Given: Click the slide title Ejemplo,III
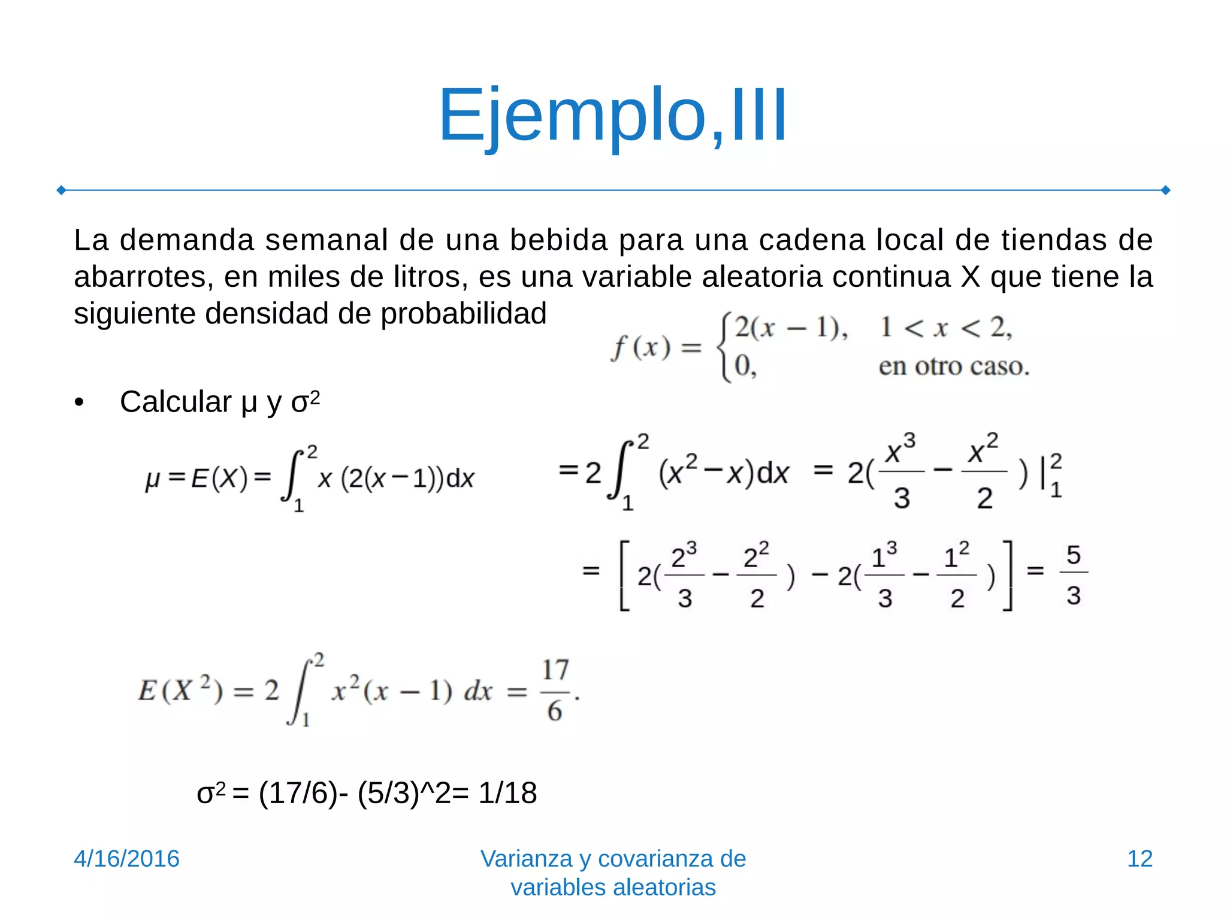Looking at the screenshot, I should (612, 115).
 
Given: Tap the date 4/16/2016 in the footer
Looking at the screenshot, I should (126, 858).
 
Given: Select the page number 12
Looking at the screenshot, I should (1140, 858).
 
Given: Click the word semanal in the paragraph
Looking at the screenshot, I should (327, 240).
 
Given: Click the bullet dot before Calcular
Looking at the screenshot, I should (79, 402).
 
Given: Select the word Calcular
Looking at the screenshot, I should (176, 402).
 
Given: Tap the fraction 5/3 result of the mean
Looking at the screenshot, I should (1073, 574).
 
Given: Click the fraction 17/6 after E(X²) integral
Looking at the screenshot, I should (555, 690).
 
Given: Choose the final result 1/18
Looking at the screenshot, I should (507, 793).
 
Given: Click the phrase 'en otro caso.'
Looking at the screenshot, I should (954, 366).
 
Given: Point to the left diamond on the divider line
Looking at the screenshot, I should (61, 190).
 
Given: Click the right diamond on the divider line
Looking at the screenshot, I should (1166, 190).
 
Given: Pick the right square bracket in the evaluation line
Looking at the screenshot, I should (1007, 575).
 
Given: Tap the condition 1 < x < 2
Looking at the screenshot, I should (945, 328).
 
